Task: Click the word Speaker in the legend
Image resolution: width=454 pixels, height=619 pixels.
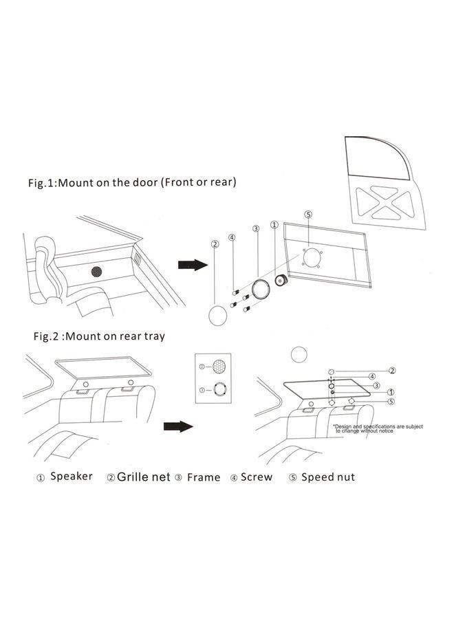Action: click(72, 476)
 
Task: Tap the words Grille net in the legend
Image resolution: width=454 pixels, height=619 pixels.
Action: click(143, 476)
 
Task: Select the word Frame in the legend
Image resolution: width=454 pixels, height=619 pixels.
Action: click(204, 477)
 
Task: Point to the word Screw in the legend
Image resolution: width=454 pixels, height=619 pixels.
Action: click(256, 477)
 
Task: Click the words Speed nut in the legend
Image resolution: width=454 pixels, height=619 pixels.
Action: click(328, 477)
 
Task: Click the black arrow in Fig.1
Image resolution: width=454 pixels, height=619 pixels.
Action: click(193, 265)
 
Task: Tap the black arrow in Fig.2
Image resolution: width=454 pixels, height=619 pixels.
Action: click(178, 426)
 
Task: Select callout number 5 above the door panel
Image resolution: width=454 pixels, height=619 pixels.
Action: click(308, 215)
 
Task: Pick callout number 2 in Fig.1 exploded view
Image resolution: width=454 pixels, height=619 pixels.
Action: click(215, 243)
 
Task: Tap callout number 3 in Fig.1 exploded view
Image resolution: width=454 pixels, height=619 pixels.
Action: click(255, 228)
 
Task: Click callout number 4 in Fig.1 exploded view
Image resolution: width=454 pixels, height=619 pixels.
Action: click(233, 237)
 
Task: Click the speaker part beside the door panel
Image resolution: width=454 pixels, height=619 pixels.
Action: click(281, 281)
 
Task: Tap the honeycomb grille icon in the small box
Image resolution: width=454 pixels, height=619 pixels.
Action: click(218, 367)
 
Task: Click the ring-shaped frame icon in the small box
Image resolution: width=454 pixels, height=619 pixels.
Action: click(218, 390)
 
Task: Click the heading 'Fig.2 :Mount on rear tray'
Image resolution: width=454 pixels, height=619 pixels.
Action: click(100, 337)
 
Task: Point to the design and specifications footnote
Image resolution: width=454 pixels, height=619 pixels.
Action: click(378, 428)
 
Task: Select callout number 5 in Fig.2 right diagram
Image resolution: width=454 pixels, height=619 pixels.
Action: click(391, 402)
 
